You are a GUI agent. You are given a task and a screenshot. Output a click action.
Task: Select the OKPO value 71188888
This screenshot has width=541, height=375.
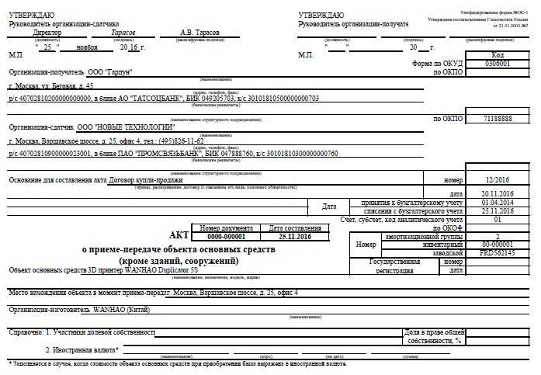[498, 120]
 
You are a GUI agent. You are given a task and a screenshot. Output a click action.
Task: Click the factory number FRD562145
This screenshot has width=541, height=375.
[498, 253]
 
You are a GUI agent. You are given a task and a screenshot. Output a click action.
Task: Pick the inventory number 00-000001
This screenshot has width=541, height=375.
[498, 245]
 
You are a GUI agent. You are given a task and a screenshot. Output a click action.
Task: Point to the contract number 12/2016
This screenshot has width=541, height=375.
[498, 179]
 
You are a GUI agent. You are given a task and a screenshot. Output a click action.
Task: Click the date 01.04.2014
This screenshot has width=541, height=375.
[498, 202]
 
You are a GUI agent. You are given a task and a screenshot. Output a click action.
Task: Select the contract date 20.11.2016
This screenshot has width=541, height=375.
[498, 193]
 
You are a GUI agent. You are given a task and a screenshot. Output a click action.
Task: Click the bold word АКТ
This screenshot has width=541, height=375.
[179, 234]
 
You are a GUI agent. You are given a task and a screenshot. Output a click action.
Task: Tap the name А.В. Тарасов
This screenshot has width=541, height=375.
[199, 33]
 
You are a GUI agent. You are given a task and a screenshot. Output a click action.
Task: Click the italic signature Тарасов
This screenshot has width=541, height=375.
[123, 33]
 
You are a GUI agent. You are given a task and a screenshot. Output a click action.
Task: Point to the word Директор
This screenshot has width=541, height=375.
[47, 33]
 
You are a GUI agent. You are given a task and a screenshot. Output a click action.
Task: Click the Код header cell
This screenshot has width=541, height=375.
[498, 56]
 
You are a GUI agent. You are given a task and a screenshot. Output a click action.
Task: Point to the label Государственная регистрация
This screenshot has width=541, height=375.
[395, 266]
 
